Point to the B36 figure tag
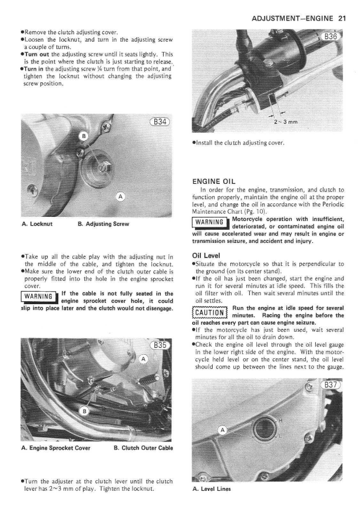point(331,37)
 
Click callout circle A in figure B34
point(121,195)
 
